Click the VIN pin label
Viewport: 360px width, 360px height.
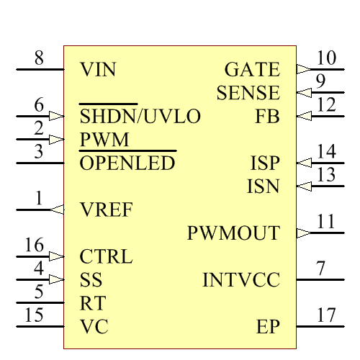click(x=98, y=70)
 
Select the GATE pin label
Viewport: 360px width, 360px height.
click(x=252, y=70)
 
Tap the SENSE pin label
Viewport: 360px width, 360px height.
click(x=248, y=93)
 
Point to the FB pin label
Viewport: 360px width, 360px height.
click(x=267, y=116)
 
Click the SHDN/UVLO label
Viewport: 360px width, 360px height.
click(x=140, y=116)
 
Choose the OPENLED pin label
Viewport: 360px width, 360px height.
click(x=127, y=163)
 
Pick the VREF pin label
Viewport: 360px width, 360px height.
click(x=107, y=210)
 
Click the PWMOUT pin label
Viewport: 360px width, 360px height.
click(x=233, y=233)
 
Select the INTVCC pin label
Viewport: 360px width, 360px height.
click(x=241, y=280)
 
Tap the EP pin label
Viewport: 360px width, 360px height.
click(x=268, y=327)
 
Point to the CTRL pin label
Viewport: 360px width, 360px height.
click(x=106, y=256)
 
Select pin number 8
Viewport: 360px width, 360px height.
click(x=39, y=58)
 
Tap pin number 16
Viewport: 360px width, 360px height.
click(x=35, y=246)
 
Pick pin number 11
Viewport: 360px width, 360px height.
click(x=326, y=222)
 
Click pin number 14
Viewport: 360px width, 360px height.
click(x=326, y=152)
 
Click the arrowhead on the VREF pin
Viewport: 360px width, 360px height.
click(x=57, y=210)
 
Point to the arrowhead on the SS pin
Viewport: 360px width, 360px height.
click(x=57, y=280)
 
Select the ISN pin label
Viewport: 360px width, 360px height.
click(x=263, y=186)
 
